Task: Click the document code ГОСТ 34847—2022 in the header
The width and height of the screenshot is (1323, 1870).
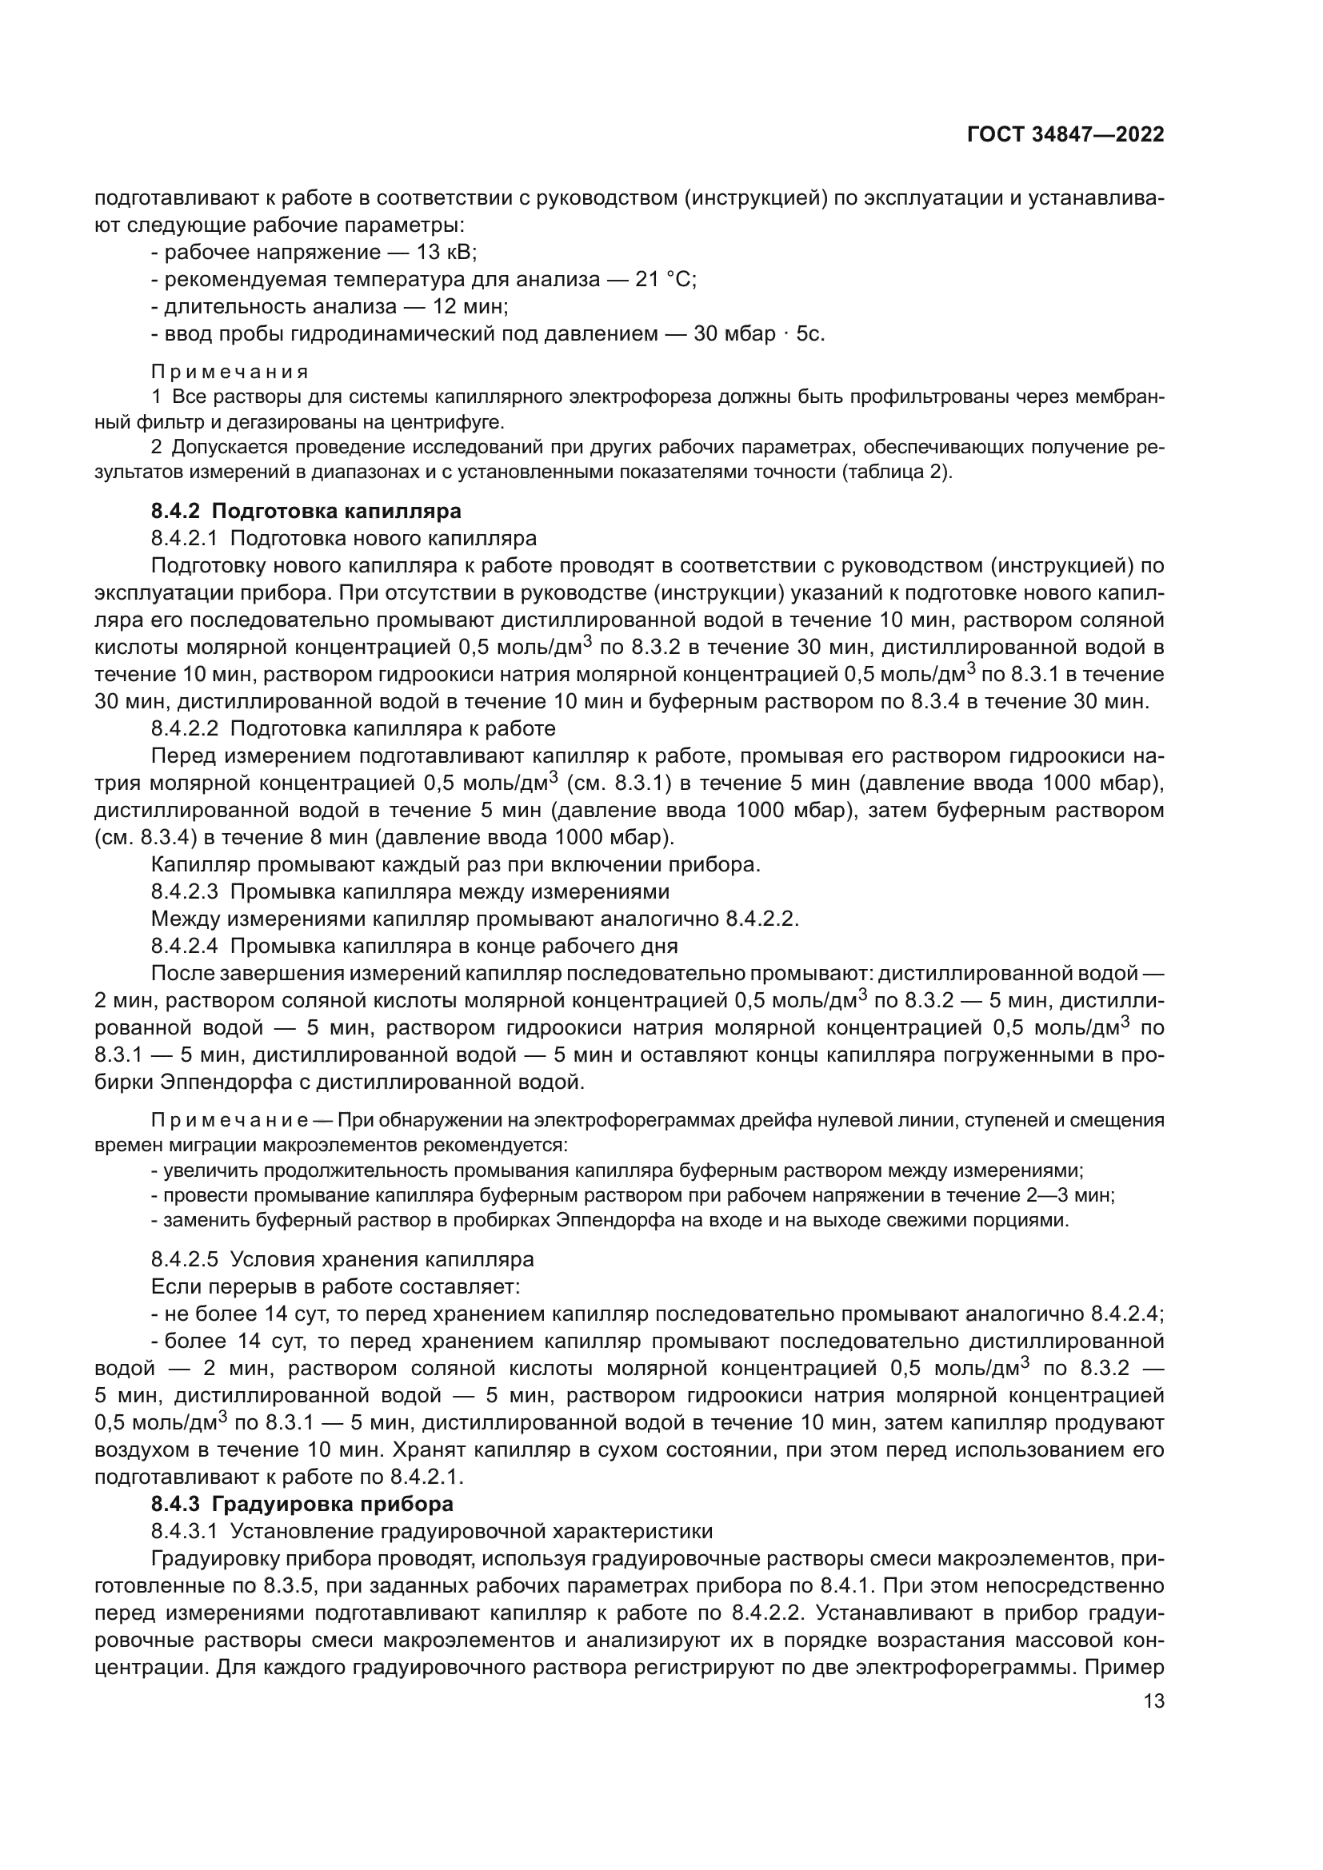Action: (1065, 134)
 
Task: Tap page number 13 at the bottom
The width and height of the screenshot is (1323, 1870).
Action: (1154, 1701)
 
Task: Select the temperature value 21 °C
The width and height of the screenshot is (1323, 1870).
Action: (665, 279)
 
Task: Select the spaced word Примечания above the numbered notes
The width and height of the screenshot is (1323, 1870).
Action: (230, 373)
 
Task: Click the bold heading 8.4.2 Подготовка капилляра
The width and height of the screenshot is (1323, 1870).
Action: (306, 511)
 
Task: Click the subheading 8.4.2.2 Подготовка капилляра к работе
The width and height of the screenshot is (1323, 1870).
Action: (354, 728)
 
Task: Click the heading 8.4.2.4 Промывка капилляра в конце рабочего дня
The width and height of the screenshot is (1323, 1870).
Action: (414, 946)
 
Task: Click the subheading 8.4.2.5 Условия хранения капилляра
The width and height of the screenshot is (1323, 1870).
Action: (342, 1259)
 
